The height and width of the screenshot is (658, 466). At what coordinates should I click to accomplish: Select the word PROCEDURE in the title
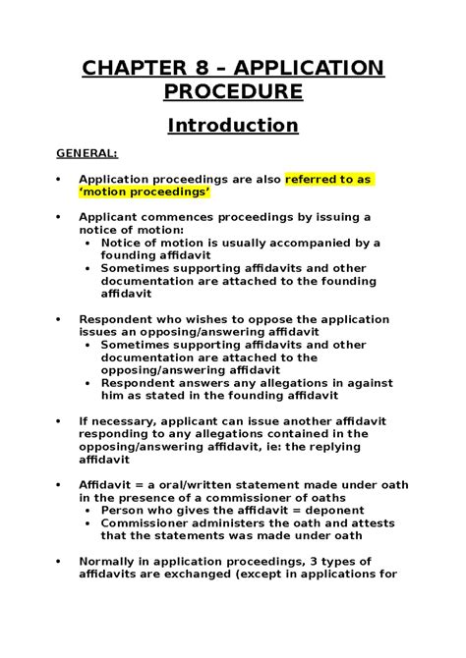(232, 95)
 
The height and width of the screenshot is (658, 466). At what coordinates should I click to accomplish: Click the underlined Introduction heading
(232, 126)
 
